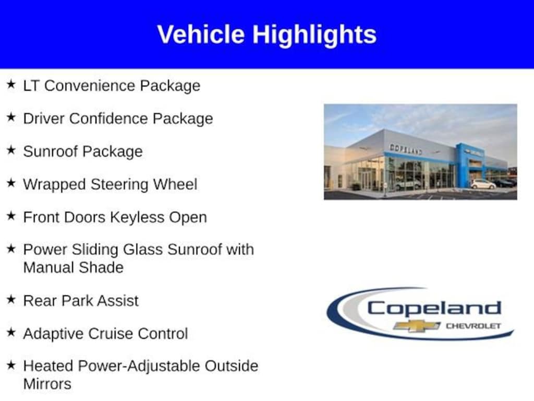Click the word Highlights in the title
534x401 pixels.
click(x=314, y=35)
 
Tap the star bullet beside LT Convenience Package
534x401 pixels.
click(x=11, y=84)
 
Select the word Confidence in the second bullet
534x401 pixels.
click(x=108, y=119)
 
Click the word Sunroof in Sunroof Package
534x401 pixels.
click(x=51, y=151)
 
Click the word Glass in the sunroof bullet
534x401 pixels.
click(x=143, y=250)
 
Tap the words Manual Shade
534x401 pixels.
click(x=73, y=267)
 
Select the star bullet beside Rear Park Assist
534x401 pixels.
click(x=11, y=300)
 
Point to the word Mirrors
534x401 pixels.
click(x=47, y=384)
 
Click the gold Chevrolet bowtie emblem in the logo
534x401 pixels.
click(x=417, y=326)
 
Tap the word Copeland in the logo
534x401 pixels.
click(x=434, y=309)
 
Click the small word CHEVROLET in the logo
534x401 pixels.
click(x=474, y=326)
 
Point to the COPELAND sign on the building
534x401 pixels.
click(x=406, y=149)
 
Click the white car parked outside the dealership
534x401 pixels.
click(x=483, y=184)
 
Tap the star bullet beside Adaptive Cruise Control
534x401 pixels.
click(x=11, y=333)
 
